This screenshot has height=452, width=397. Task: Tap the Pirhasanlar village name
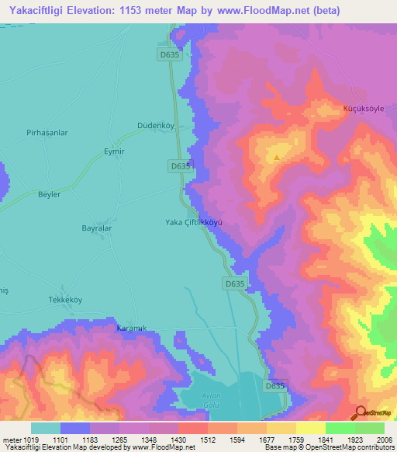point(47,133)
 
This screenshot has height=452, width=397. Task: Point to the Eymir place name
point(114,151)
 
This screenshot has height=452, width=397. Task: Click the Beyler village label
point(49,194)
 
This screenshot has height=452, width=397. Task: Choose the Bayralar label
point(98,228)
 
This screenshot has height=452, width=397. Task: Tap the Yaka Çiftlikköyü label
point(194,221)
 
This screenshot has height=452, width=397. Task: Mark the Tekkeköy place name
point(66,300)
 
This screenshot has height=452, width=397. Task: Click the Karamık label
point(131,329)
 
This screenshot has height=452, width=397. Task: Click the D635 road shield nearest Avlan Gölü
point(276,386)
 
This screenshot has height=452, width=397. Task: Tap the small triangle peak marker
point(277,158)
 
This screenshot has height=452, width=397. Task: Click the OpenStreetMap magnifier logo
point(361,412)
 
